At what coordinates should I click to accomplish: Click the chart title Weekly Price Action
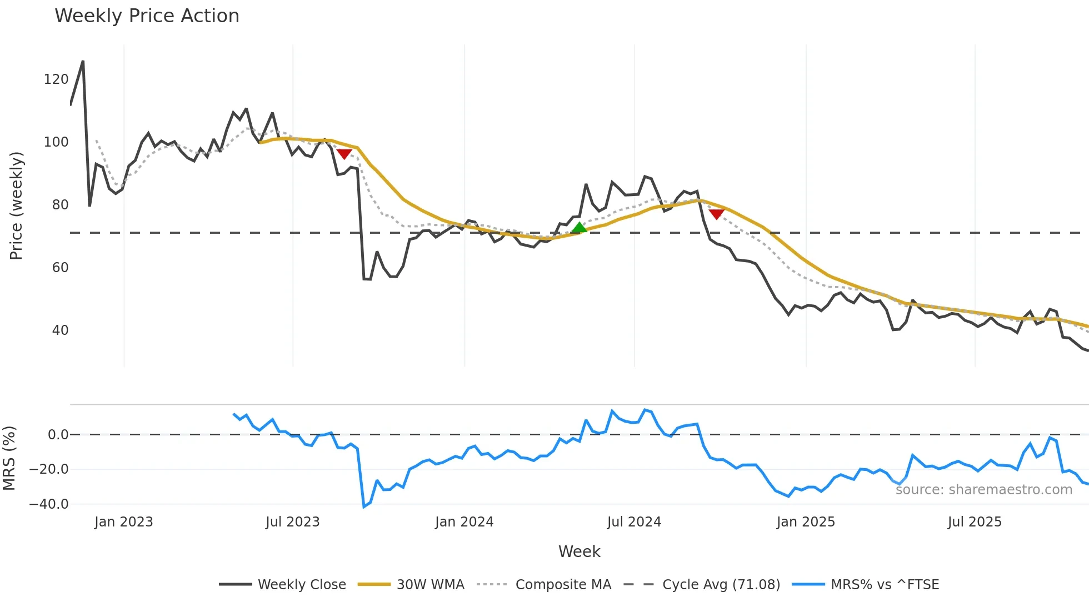pos(147,16)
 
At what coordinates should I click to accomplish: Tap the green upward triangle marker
pos(580,228)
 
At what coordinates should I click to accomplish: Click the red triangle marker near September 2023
pos(344,154)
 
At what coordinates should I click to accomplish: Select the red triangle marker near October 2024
pos(717,214)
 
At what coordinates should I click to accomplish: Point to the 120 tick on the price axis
pos(56,79)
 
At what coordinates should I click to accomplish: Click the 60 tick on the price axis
pos(60,268)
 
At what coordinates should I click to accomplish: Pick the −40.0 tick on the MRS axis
pos(49,504)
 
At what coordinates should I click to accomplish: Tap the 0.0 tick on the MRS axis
pos(58,435)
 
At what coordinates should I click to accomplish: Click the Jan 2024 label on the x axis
pos(464,522)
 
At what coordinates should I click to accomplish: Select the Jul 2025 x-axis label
pos(975,522)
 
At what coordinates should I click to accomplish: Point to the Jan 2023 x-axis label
pos(123,522)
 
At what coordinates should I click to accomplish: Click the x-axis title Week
pos(579,551)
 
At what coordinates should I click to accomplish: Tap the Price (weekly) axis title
pos(17,205)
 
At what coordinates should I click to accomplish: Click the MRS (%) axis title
pos(9,458)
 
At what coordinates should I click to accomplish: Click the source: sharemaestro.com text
pos(983,490)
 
